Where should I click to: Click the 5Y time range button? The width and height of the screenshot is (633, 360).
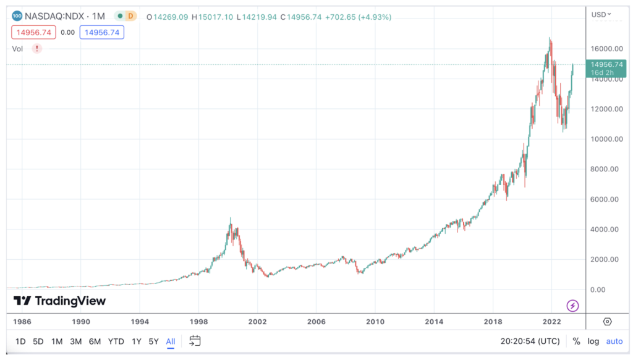point(153,341)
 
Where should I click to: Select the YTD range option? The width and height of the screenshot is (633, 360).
point(116,341)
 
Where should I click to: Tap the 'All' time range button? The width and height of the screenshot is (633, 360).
point(171,341)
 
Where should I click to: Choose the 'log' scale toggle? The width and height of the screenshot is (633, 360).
point(593,341)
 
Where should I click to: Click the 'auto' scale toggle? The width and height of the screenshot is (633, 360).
point(614,341)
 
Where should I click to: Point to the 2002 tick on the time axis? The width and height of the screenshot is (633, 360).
point(257,322)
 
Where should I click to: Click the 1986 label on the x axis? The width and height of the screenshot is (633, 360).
point(22,322)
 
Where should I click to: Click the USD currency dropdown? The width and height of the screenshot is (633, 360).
point(601,14)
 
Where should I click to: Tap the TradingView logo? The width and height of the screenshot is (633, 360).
point(60,301)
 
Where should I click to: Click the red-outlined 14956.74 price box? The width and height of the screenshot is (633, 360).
point(33,32)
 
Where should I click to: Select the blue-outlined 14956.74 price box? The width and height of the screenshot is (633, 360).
point(102,32)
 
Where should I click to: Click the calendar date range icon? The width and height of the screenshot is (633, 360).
point(195,341)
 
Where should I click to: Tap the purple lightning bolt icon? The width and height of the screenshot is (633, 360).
point(573,305)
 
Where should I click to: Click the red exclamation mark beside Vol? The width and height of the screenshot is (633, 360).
point(37,48)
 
